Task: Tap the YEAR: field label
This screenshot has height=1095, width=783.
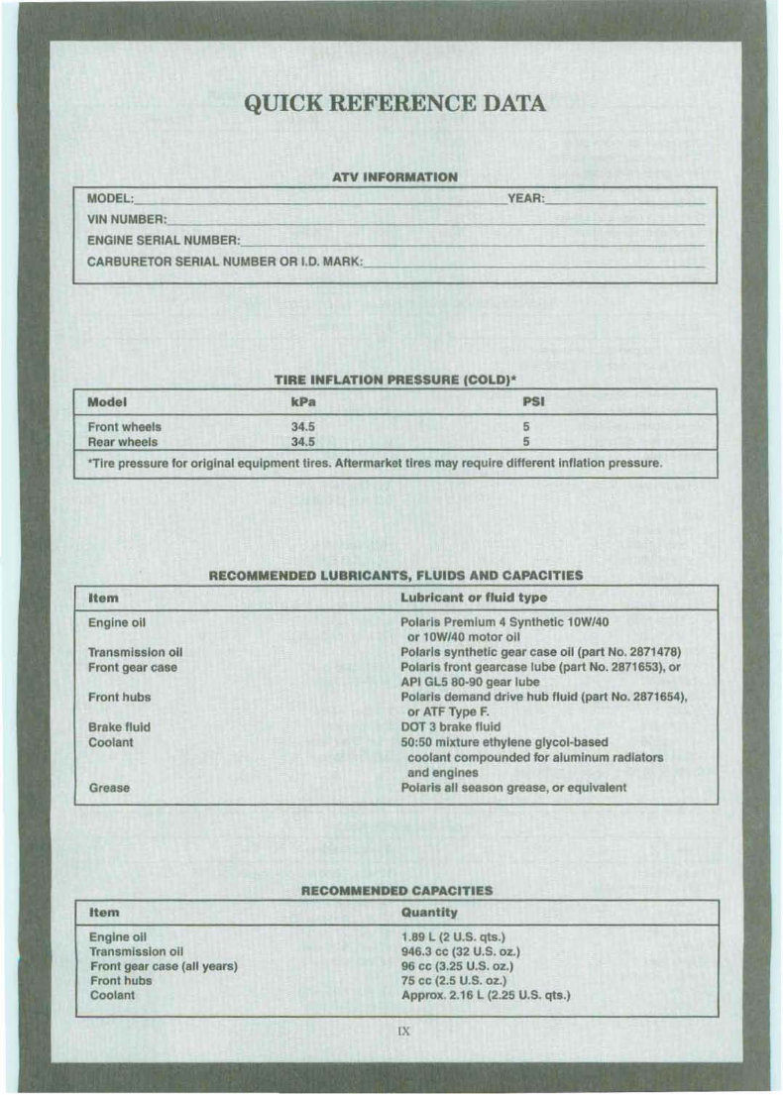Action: point(525,200)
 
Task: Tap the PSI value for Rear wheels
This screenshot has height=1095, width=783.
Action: point(528,442)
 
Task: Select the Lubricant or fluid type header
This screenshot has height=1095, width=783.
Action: point(474,598)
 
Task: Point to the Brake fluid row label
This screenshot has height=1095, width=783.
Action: point(120,726)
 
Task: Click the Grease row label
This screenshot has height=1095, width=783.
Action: point(109,789)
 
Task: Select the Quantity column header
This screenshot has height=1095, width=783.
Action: point(429,913)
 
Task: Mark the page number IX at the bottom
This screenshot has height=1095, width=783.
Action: point(403,1031)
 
